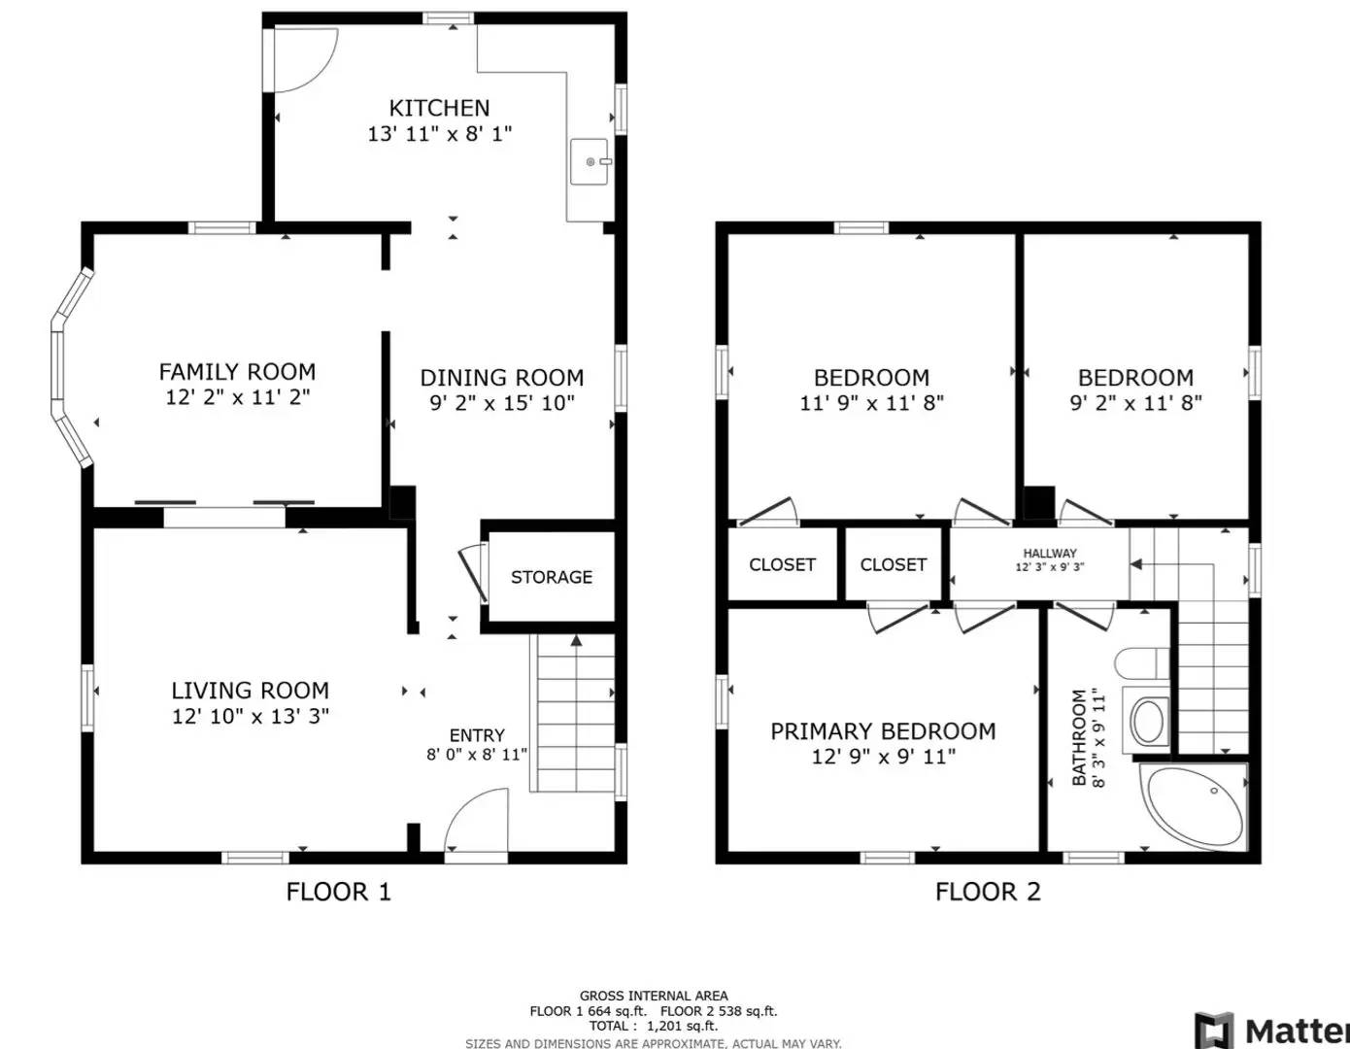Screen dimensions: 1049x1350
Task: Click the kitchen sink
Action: [590, 162]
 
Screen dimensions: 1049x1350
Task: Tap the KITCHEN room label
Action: [439, 108]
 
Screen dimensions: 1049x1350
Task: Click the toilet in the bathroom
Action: [1141, 664]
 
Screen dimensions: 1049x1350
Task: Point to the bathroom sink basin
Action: [1148, 721]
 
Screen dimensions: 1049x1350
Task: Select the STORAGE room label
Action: [551, 577]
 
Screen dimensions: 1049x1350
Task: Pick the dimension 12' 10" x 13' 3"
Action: [251, 717]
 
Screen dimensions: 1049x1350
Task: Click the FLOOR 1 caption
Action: [338, 892]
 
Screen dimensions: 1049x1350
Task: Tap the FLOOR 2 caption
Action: [987, 892]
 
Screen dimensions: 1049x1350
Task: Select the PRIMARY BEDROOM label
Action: [882, 731]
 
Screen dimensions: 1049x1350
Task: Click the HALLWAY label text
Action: [1049, 553]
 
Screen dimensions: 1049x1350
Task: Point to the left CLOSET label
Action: [782, 564]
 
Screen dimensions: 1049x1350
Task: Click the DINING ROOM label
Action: [501, 378]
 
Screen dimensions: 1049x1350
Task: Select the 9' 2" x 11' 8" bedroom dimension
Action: [1135, 403]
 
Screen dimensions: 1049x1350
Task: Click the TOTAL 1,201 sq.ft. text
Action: [653, 1026]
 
